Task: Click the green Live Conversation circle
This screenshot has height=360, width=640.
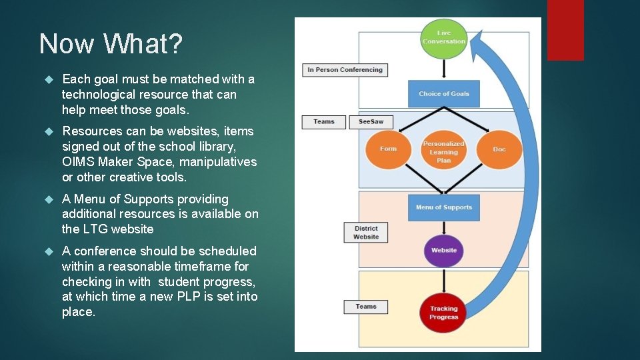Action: coord(443,37)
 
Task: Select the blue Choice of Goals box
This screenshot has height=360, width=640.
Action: coord(443,94)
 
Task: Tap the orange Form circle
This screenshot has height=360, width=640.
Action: coord(388,149)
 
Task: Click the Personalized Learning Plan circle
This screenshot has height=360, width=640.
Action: coord(443,152)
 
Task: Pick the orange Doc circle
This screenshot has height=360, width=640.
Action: coord(499,149)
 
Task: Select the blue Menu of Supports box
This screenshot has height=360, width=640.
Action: coord(443,207)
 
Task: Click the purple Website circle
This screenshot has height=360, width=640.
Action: coord(443,250)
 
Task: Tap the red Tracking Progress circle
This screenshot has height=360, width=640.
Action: coord(443,312)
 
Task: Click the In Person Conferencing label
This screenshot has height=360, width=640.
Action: coord(345,69)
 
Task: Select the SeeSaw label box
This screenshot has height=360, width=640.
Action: coord(371,122)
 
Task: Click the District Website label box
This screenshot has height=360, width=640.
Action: coord(365,233)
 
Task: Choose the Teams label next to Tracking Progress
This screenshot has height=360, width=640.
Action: coord(365,307)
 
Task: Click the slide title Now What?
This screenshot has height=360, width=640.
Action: coord(111,44)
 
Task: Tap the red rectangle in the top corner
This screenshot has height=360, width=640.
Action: coord(565,30)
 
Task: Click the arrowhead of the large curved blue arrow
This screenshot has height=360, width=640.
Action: coord(477,41)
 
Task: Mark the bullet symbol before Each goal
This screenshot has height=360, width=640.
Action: coord(47,79)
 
